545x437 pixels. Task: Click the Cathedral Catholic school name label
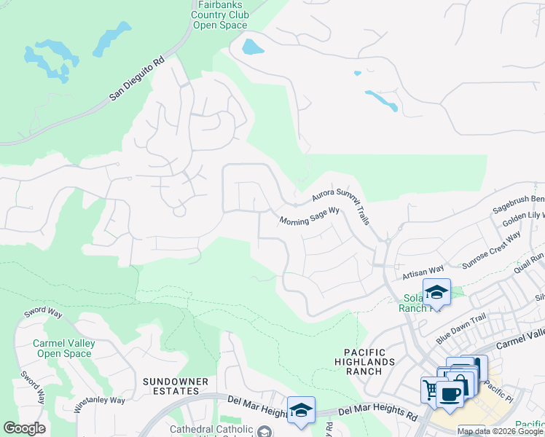[211, 430]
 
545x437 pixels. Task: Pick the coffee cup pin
[450, 393]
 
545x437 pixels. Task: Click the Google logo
[24, 428]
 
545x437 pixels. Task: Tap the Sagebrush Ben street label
[518, 198]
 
